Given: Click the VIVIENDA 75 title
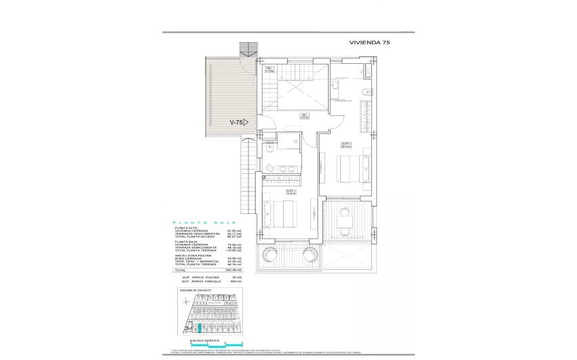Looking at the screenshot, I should tap(369, 42).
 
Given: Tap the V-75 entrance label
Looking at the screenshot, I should tap(238, 122).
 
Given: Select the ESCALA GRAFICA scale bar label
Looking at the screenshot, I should tap(204, 338).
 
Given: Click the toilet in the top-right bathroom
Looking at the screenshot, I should tap(367, 92).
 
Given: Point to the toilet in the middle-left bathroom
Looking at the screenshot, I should tap(270, 147).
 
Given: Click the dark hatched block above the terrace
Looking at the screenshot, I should tap(249, 49).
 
